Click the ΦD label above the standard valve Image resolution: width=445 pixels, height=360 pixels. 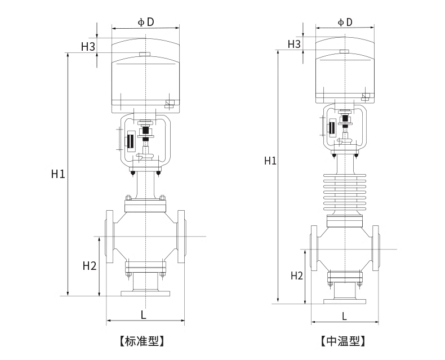click(x=146, y=22)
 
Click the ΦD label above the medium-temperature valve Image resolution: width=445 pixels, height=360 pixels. click(x=345, y=22)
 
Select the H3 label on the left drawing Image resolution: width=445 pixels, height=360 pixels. click(x=87, y=47)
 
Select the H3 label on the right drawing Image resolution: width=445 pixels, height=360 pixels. click(x=294, y=44)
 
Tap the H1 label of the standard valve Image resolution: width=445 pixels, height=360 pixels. click(x=58, y=174)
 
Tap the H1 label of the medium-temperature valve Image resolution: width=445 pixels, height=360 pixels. click(x=270, y=161)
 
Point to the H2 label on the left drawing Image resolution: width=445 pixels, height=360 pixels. click(x=90, y=265)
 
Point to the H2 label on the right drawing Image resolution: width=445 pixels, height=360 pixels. click(x=297, y=275)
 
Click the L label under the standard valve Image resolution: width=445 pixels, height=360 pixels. click(x=144, y=315)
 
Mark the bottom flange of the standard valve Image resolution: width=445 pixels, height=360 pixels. click(x=145, y=293)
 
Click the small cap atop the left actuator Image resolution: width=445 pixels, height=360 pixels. click(x=145, y=55)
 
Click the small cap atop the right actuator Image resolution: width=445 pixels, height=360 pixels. click(x=344, y=52)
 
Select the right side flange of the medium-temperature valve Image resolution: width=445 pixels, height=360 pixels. click(x=375, y=248)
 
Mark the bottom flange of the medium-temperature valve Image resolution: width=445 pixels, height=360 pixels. click(x=344, y=301)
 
